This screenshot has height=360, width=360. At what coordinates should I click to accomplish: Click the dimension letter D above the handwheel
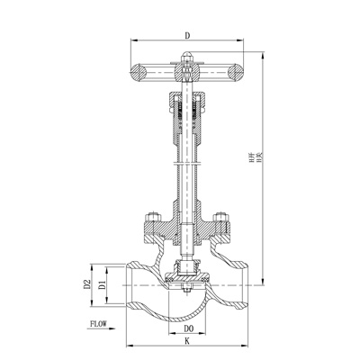tap(185, 35)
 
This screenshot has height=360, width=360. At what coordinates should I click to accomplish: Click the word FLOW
tap(98, 322)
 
